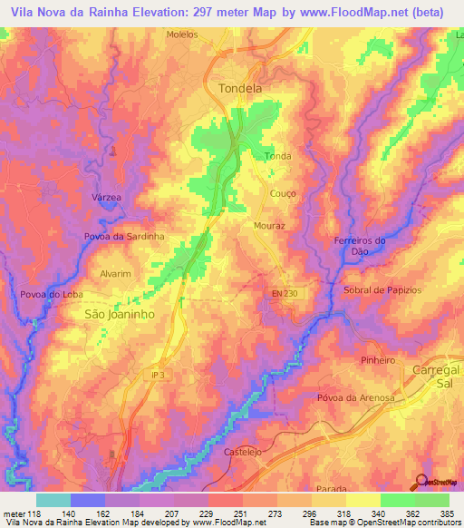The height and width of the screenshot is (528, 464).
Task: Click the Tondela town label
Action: coord(240,89)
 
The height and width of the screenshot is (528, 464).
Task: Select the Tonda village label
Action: coord(277,156)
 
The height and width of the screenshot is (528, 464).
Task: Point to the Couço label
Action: coord(284,194)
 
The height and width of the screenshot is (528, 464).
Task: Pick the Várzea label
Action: coord(106,197)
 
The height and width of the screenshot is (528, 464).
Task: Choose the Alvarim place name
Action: coord(116,273)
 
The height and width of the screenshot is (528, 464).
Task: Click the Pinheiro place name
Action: coord(380,360)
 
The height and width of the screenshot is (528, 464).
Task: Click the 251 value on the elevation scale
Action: coord(240,515)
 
